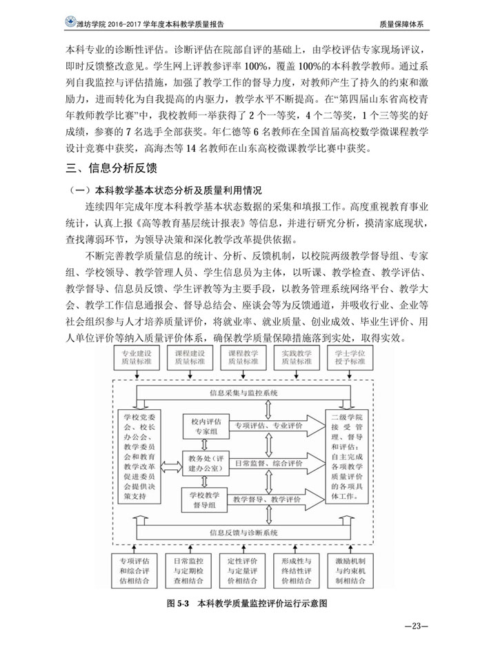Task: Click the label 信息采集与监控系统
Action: pyautogui.click(x=243, y=392)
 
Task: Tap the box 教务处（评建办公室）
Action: pyautogui.click(x=203, y=462)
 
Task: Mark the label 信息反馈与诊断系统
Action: pyautogui.click(x=243, y=533)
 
